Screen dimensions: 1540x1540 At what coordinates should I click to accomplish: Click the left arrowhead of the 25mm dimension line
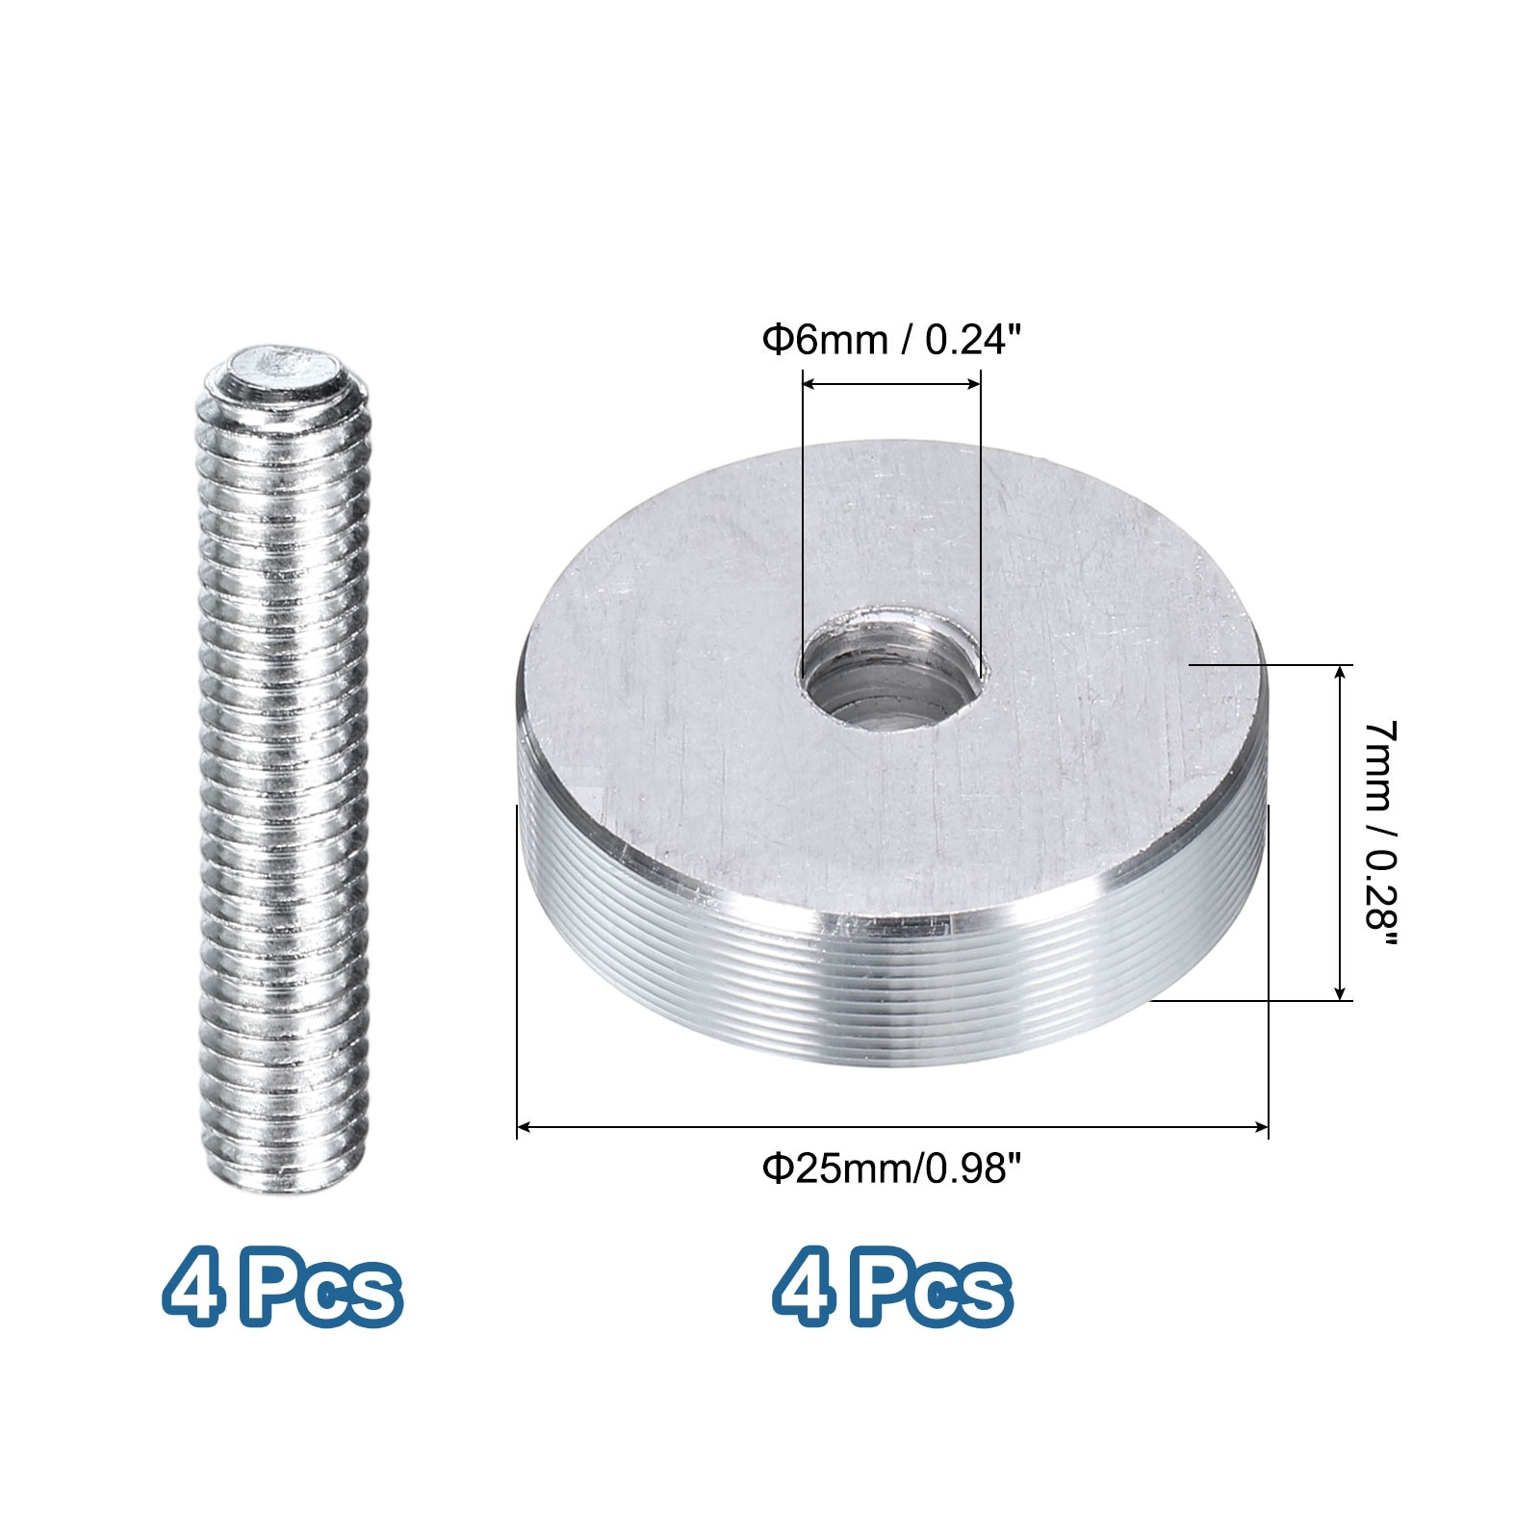click(525, 1125)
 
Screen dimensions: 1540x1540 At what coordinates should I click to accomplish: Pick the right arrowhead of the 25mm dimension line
click(1261, 1125)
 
